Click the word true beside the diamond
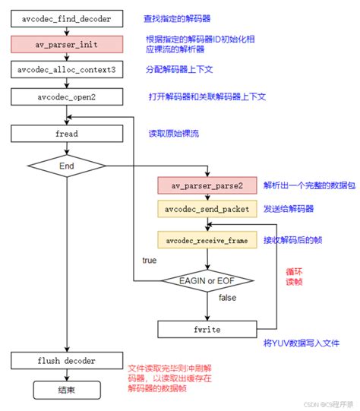[150, 261]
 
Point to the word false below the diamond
[227, 298]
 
